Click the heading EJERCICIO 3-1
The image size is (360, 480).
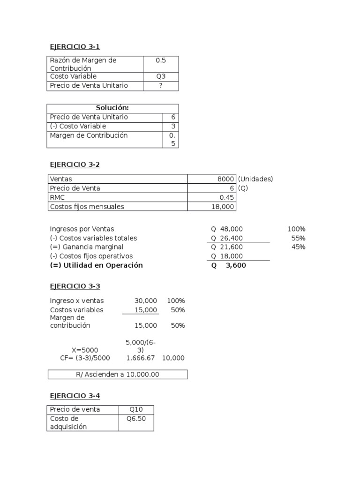pyautogui.click(x=75, y=46)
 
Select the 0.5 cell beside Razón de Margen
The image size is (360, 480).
pyautogui.click(x=161, y=60)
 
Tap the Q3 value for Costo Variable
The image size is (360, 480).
pyautogui.click(x=161, y=76)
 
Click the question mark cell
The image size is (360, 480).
pyautogui.click(x=161, y=86)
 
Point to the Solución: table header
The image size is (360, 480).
pyautogui.click(x=112, y=108)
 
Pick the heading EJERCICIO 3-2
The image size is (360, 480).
pyautogui.click(x=75, y=165)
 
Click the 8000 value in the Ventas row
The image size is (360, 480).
pyautogui.click(x=225, y=179)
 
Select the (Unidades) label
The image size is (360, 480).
pyautogui.click(x=255, y=179)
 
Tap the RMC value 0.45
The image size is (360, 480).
pyautogui.click(x=227, y=197)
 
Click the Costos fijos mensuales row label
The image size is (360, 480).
pyautogui.click(x=87, y=206)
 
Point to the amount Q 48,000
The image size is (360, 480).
pyautogui.click(x=227, y=229)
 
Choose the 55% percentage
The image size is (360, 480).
pyautogui.click(x=298, y=238)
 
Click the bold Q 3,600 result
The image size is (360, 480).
pyautogui.click(x=228, y=265)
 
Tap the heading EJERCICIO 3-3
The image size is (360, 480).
pyautogui.click(x=75, y=286)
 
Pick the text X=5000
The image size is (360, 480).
pyautogui.click(x=85, y=350)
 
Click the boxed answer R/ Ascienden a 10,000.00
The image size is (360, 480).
pyautogui.click(x=118, y=375)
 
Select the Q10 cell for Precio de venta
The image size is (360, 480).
pyautogui.click(x=136, y=410)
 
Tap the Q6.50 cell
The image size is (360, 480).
pyautogui.click(x=136, y=419)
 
